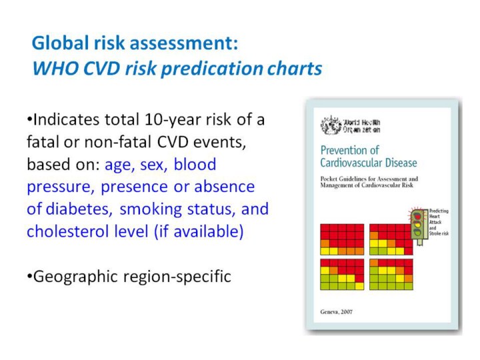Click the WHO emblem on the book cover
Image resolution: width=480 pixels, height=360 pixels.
[x=330, y=126]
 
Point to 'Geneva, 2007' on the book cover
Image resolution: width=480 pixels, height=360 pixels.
[x=337, y=313]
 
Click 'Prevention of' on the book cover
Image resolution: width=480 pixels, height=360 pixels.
[x=349, y=151]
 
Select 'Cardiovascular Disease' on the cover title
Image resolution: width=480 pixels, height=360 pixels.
[x=369, y=163]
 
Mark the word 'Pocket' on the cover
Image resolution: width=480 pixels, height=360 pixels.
[x=330, y=179]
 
